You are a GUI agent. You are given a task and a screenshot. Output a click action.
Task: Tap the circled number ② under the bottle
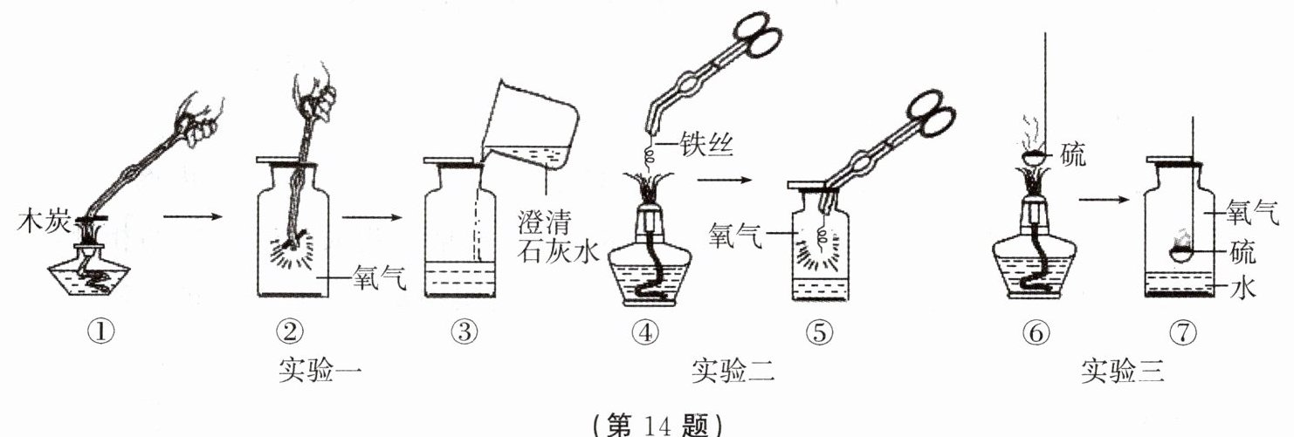(291, 331)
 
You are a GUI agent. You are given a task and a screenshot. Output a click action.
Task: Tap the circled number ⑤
(821, 331)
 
